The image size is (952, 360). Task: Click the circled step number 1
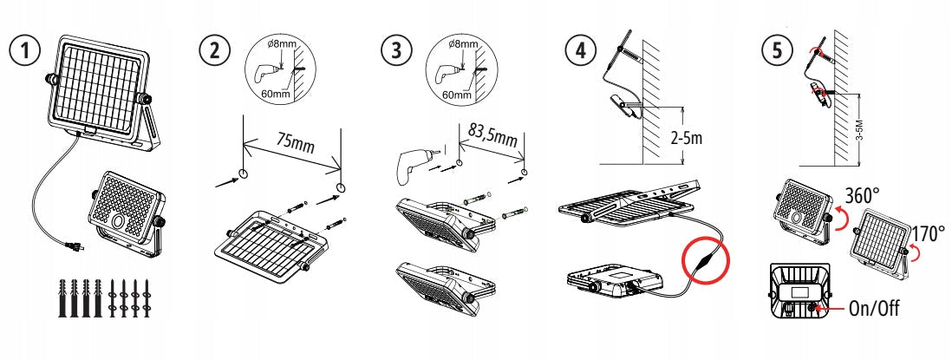[x=29, y=49]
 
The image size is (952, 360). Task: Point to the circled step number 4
[x=575, y=49]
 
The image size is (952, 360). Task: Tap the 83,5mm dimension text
[x=493, y=136]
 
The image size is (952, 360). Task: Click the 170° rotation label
[x=928, y=232]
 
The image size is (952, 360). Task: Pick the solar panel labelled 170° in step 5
[x=882, y=244]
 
